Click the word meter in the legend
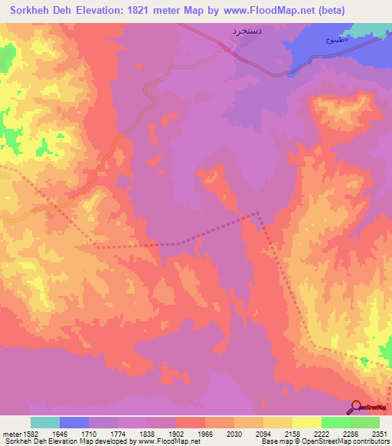coord(10,434)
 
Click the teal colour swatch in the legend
coord(45,422)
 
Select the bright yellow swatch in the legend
coord(306,422)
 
